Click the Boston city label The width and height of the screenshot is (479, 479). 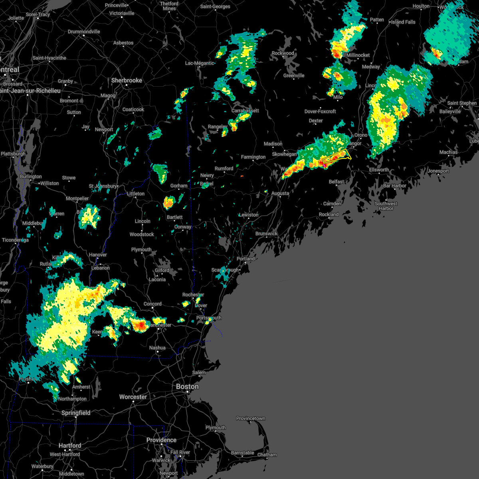coord(187,386)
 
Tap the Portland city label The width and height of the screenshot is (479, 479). coord(245,259)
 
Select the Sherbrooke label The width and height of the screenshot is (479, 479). coord(127,80)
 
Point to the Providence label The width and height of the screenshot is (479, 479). coord(161,440)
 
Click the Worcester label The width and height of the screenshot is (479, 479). coord(133,397)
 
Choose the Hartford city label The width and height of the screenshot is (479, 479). coord(70,445)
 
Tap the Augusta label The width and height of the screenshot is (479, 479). coord(280,193)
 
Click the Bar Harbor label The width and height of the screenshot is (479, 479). coord(394,186)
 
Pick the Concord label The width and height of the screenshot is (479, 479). coord(152,304)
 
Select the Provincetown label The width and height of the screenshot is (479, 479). coord(250,418)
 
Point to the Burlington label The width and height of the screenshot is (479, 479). coord(31,176)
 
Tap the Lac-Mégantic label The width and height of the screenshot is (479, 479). coord(200,63)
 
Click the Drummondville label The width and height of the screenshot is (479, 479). coord(84,32)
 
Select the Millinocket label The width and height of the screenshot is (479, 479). coord(358,55)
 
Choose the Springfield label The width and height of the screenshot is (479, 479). coord(76,413)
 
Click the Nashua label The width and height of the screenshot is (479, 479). coord(157,348)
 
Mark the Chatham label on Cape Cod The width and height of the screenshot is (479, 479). coord(267,455)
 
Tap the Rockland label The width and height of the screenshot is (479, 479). coord(329,214)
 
